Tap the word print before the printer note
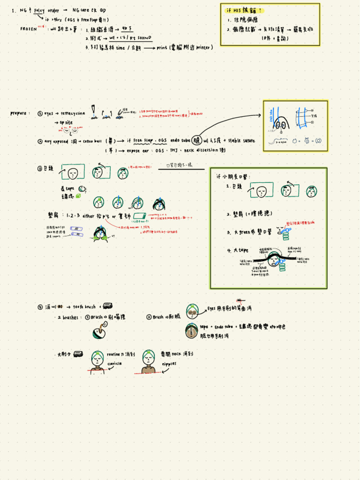coord(162,47)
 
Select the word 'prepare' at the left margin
coord(20,113)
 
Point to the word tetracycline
coord(73,113)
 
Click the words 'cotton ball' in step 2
coord(92,141)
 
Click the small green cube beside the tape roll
coord(78,196)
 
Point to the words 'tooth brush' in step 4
coord(84,307)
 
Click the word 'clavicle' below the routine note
coord(114,363)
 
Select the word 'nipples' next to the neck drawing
coord(169,363)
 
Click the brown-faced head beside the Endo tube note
coord(191,331)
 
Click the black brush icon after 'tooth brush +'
coord(107,306)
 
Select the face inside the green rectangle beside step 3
coord(73,173)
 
